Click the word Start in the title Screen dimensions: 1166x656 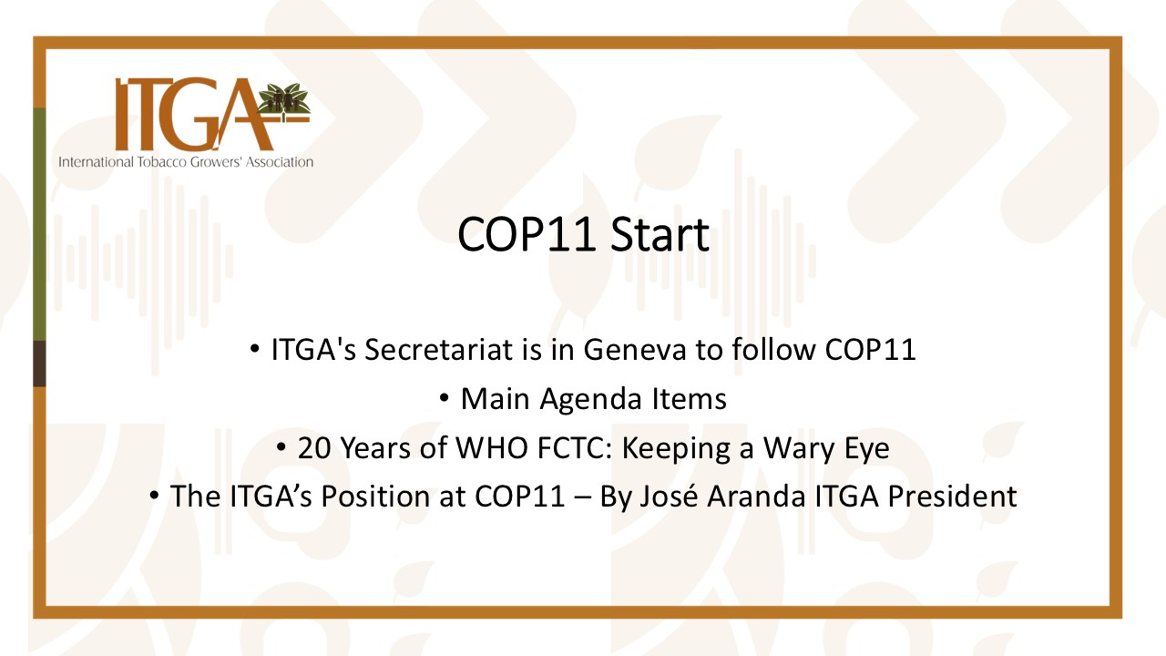pos(660,234)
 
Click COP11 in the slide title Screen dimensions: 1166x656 pos(526,234)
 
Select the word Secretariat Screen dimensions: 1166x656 pos(438,349)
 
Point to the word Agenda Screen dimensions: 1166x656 pos(590,400)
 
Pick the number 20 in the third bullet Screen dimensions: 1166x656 pos(314,447)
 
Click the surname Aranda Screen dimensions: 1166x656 pos(756,497)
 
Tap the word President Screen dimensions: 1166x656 pos(952,497)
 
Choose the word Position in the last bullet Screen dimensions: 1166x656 pos(374,497)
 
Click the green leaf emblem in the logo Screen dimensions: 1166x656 pos(283,97)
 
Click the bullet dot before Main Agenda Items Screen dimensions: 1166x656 pos(444,398)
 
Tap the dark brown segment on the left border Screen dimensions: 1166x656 pos(39,364)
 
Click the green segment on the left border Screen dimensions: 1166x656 pos(39,224)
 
